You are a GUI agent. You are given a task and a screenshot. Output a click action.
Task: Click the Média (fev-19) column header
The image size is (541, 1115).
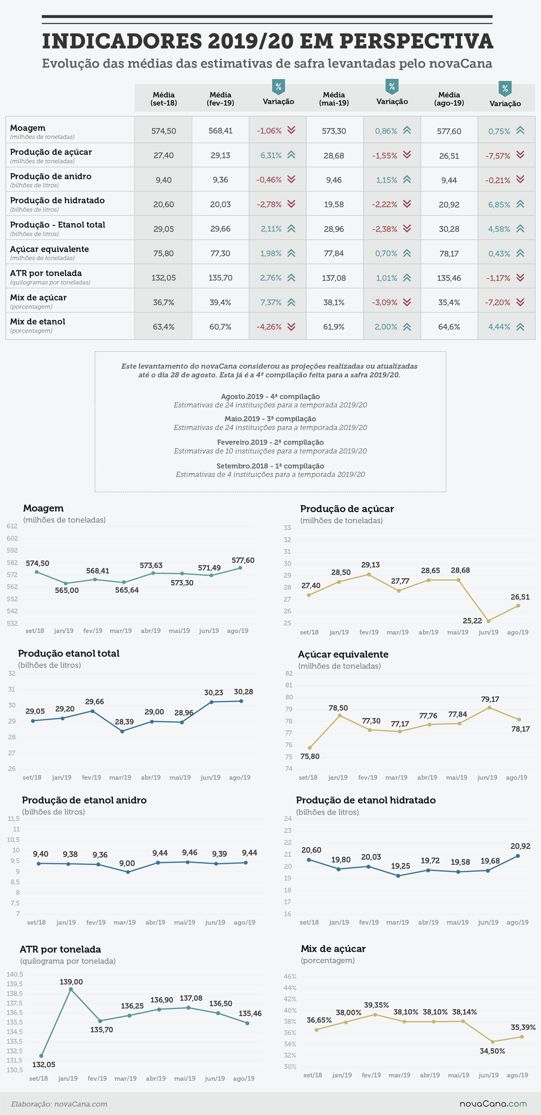click(220, 99)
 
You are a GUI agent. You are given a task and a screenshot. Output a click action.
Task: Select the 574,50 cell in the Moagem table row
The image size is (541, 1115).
click(164, 131)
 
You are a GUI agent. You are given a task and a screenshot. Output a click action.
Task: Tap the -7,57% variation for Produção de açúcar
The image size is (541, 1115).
click(498, 156)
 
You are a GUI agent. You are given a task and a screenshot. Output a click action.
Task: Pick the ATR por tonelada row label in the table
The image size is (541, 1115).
click(46, 273)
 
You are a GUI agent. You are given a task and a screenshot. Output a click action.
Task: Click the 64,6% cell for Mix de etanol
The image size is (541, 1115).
click(449, 327)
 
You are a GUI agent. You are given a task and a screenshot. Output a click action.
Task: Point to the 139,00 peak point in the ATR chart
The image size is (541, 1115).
click(71, 989)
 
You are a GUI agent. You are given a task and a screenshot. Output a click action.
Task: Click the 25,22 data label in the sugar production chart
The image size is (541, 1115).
click(472, 621)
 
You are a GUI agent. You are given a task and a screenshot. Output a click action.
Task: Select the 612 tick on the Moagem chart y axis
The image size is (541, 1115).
click(12, 526)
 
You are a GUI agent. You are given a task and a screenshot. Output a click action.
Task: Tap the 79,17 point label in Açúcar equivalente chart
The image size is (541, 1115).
click(490, 699)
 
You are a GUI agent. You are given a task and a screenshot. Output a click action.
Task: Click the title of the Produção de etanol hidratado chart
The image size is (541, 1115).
click(366, 800)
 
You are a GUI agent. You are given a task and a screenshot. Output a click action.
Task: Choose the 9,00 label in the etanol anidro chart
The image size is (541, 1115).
click(127, 863)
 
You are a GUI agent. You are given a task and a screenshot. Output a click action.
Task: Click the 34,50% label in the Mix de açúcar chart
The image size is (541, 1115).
click(492, 1051)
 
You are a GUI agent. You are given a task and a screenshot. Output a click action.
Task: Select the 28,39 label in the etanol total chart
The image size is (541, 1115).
click(124, 722)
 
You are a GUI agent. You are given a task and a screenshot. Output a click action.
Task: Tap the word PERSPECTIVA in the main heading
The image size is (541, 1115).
click(416, 41)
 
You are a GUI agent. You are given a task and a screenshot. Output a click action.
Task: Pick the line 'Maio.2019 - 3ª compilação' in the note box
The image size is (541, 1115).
click(270, 419)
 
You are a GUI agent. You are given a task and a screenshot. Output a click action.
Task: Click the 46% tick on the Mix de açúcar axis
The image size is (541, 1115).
click(290, 976)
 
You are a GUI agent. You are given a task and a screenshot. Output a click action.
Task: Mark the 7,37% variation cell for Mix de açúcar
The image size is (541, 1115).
click(271, 302)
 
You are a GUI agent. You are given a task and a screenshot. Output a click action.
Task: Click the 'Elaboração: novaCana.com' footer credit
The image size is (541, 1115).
click(59, 1104)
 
